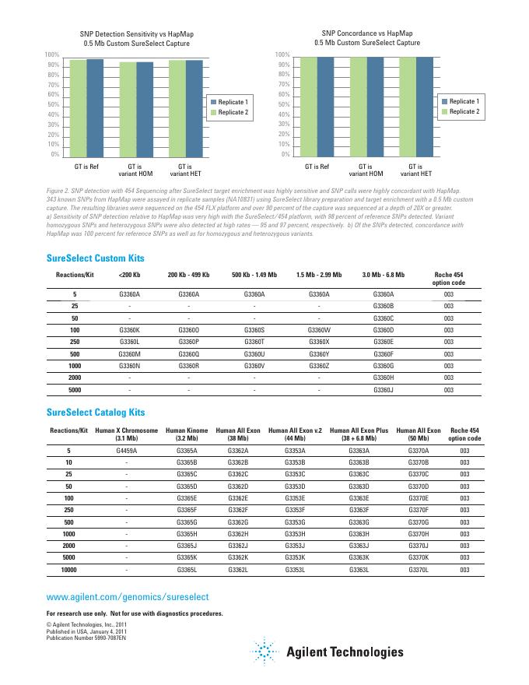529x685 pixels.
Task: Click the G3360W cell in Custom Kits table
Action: click(319, 330)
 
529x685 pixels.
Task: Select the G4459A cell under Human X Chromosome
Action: click(127, 450)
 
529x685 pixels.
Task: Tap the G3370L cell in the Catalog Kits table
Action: click(418, 570)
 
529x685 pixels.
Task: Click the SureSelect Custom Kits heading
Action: click(96, 258)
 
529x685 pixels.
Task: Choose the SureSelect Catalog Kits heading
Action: click(96, 412)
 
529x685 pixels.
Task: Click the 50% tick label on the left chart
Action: click(51, 104)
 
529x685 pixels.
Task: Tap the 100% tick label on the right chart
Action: click(283, 54)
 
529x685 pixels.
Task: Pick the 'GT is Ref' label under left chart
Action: click(87, 167)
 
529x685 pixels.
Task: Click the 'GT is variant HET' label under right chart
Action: click(415, 170)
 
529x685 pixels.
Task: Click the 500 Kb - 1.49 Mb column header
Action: click(254, 276)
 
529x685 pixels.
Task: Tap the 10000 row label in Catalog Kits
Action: click(68, 570)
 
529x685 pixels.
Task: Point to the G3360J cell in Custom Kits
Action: click(384, 389)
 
